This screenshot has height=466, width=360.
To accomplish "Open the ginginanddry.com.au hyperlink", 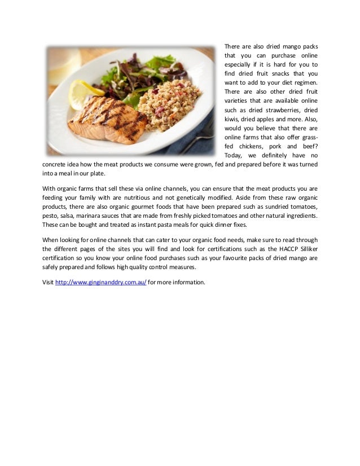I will click(100, 282).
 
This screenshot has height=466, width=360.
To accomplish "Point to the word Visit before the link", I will click(48, 282).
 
